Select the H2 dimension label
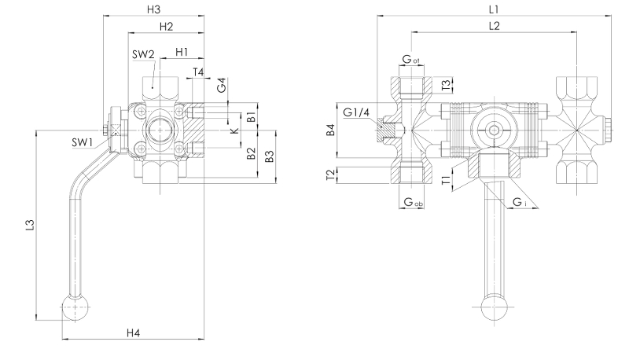[x=166, y=28]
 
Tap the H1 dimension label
[x=182, y=52]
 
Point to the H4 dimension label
[x=133, y=333]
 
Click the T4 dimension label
[x=199, y=72]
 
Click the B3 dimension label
[x=269, y=156]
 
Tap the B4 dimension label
[x=332, y=130]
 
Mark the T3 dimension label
[x=446, y=83]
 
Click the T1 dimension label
[x=446, y=181]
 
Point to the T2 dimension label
[x=332, y=174]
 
